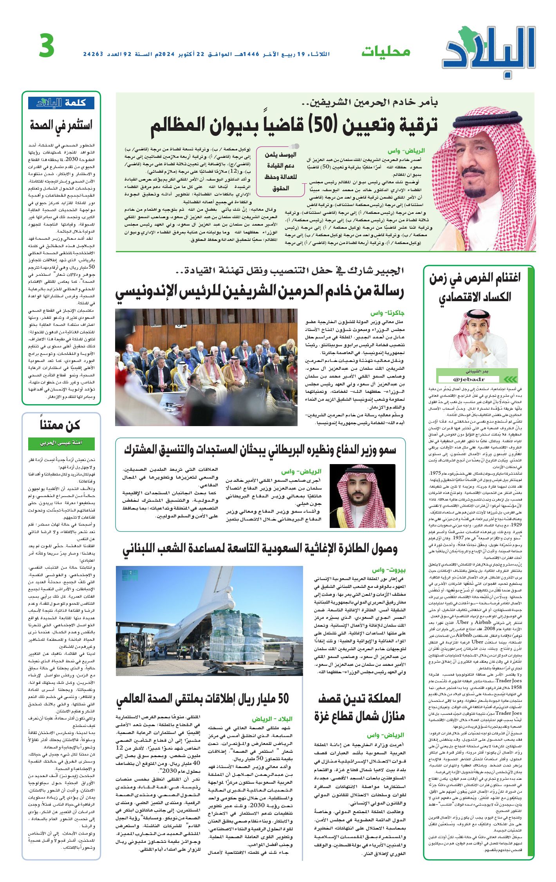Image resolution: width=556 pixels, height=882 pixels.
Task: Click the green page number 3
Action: tap(47, 45)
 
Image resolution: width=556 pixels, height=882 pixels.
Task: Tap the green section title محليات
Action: tap(385, 51)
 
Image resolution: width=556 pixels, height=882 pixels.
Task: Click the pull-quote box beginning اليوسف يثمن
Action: tap(280, 171)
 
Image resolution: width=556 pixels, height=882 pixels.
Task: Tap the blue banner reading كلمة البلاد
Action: tap(61, 103)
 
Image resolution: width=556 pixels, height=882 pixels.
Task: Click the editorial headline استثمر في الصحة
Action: tap(61, 125)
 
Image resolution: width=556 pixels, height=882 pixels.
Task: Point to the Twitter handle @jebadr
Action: tap(469, 379)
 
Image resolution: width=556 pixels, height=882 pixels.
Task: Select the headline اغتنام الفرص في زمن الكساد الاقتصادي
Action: tap(475, 287)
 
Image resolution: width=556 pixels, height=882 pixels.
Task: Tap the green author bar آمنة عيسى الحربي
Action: tap(61, 443)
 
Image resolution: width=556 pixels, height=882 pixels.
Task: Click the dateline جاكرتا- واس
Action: tap(387, 313)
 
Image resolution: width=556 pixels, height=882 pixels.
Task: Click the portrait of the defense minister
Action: tap(362, 495)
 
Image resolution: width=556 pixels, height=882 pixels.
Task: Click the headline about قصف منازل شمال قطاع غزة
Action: tap(359, 707)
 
